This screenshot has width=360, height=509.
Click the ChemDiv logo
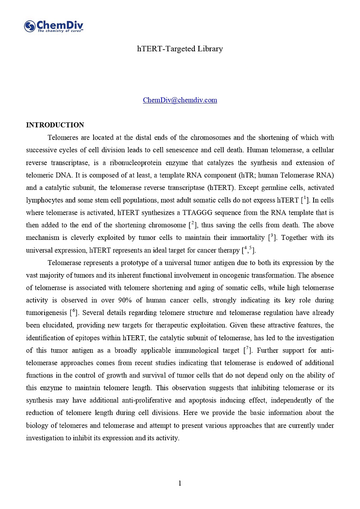coord(54,27)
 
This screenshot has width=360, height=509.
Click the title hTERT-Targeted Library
coord(180,49)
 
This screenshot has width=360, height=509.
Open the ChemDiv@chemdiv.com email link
coord(180,100)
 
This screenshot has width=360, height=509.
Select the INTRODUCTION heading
coord(55,125)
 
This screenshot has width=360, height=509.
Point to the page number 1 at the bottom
coord(180,483)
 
